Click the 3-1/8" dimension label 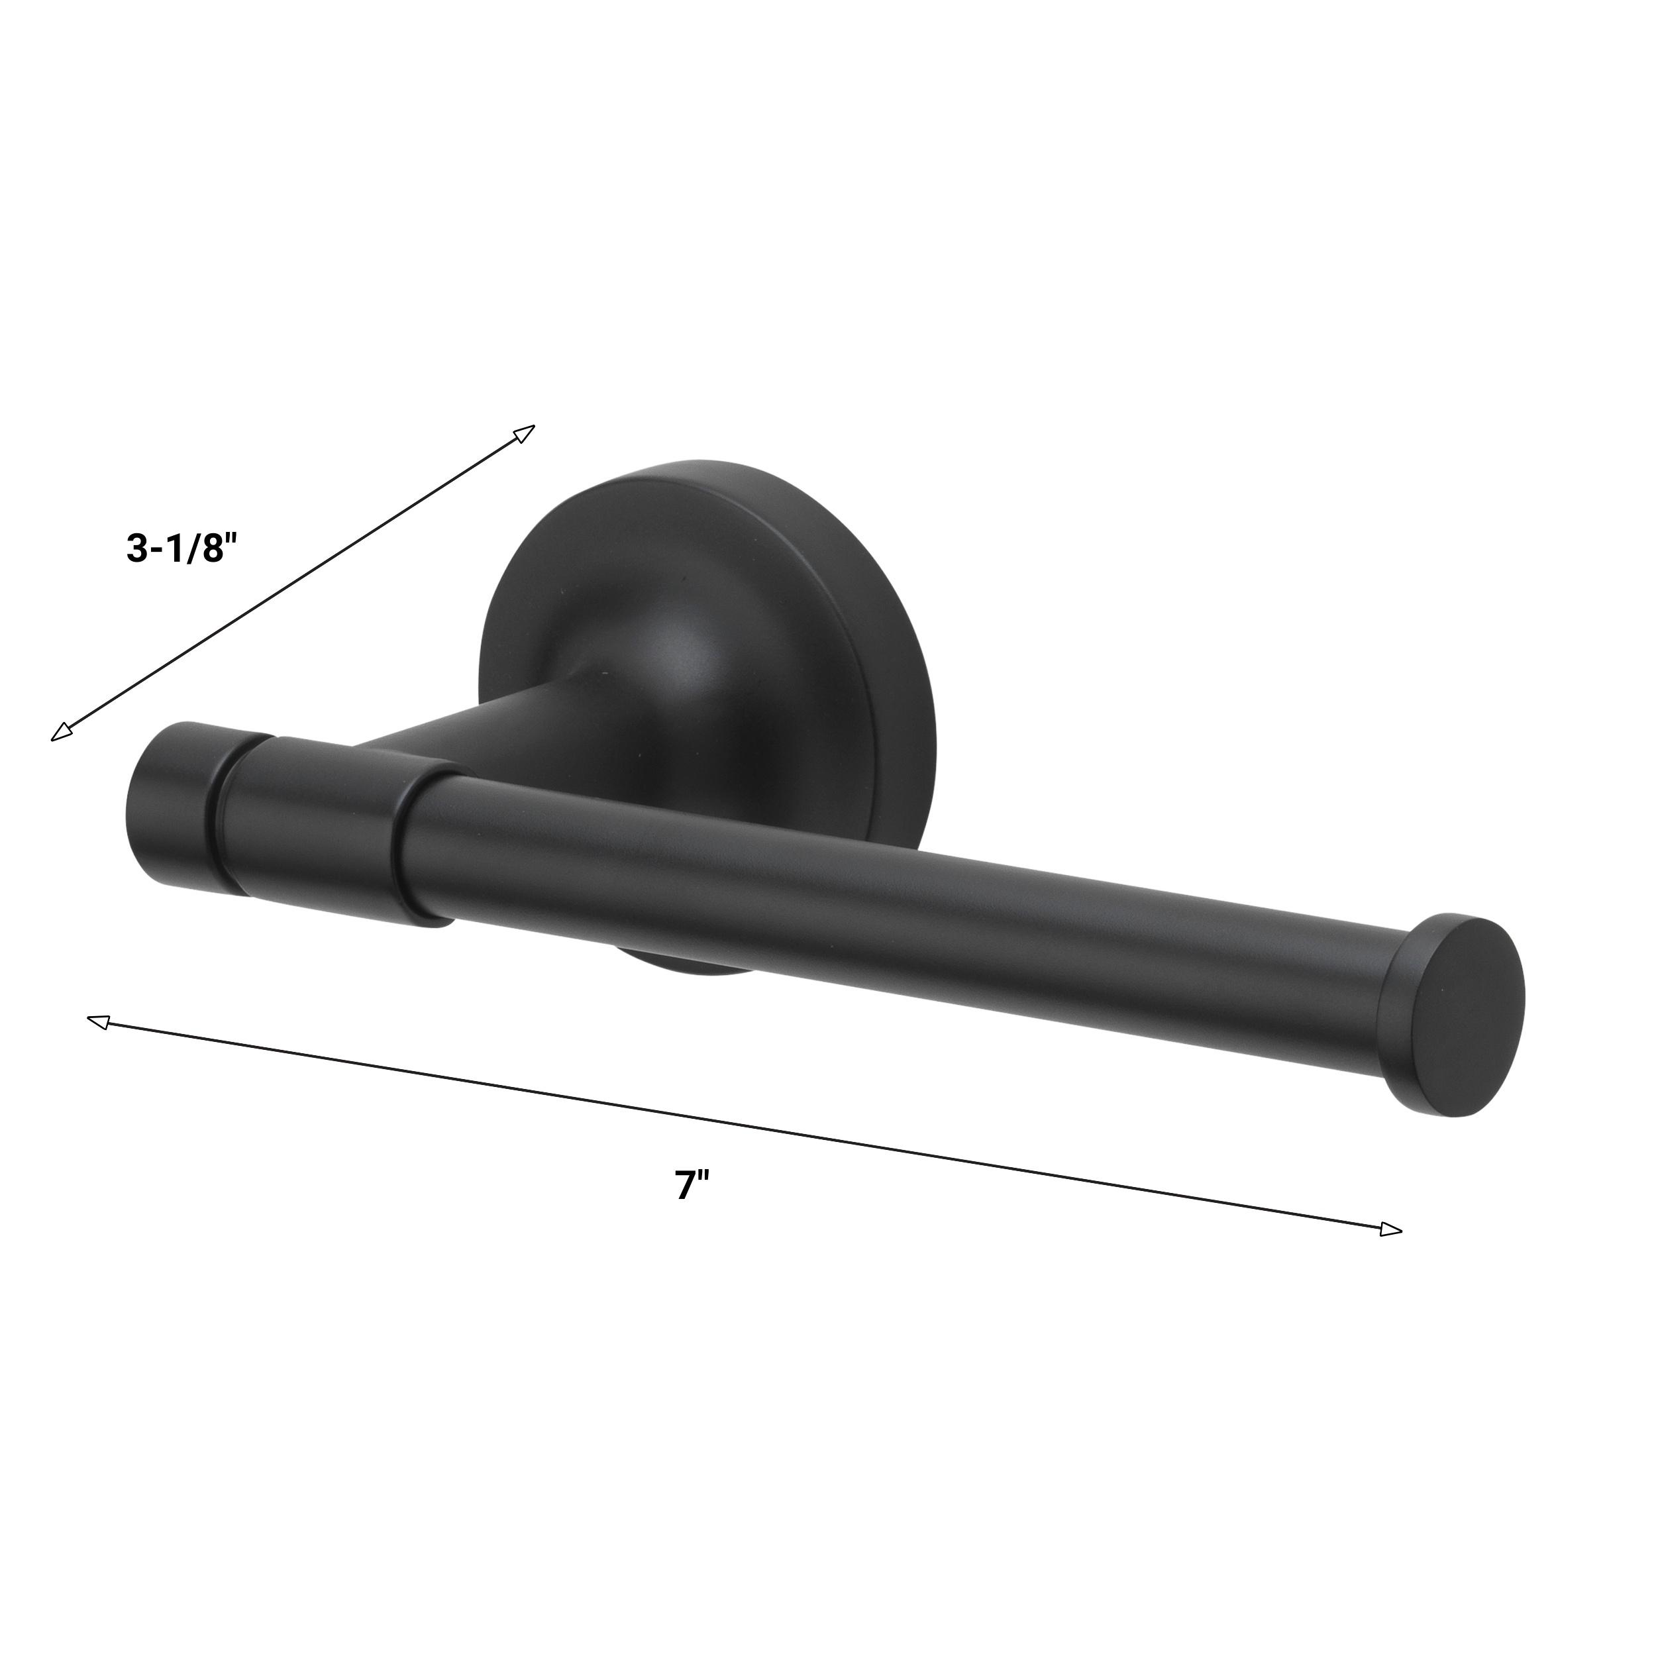pyautogui.click(x=180, y=549)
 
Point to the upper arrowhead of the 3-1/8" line pyautogui.click(x=524, y=433)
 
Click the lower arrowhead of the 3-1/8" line pyautogui.click(x=62, y=731)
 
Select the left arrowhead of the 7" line pyautogui.click(x=99, y=1021)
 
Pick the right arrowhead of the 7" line pyautogui.click(x=1391, y=1229)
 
